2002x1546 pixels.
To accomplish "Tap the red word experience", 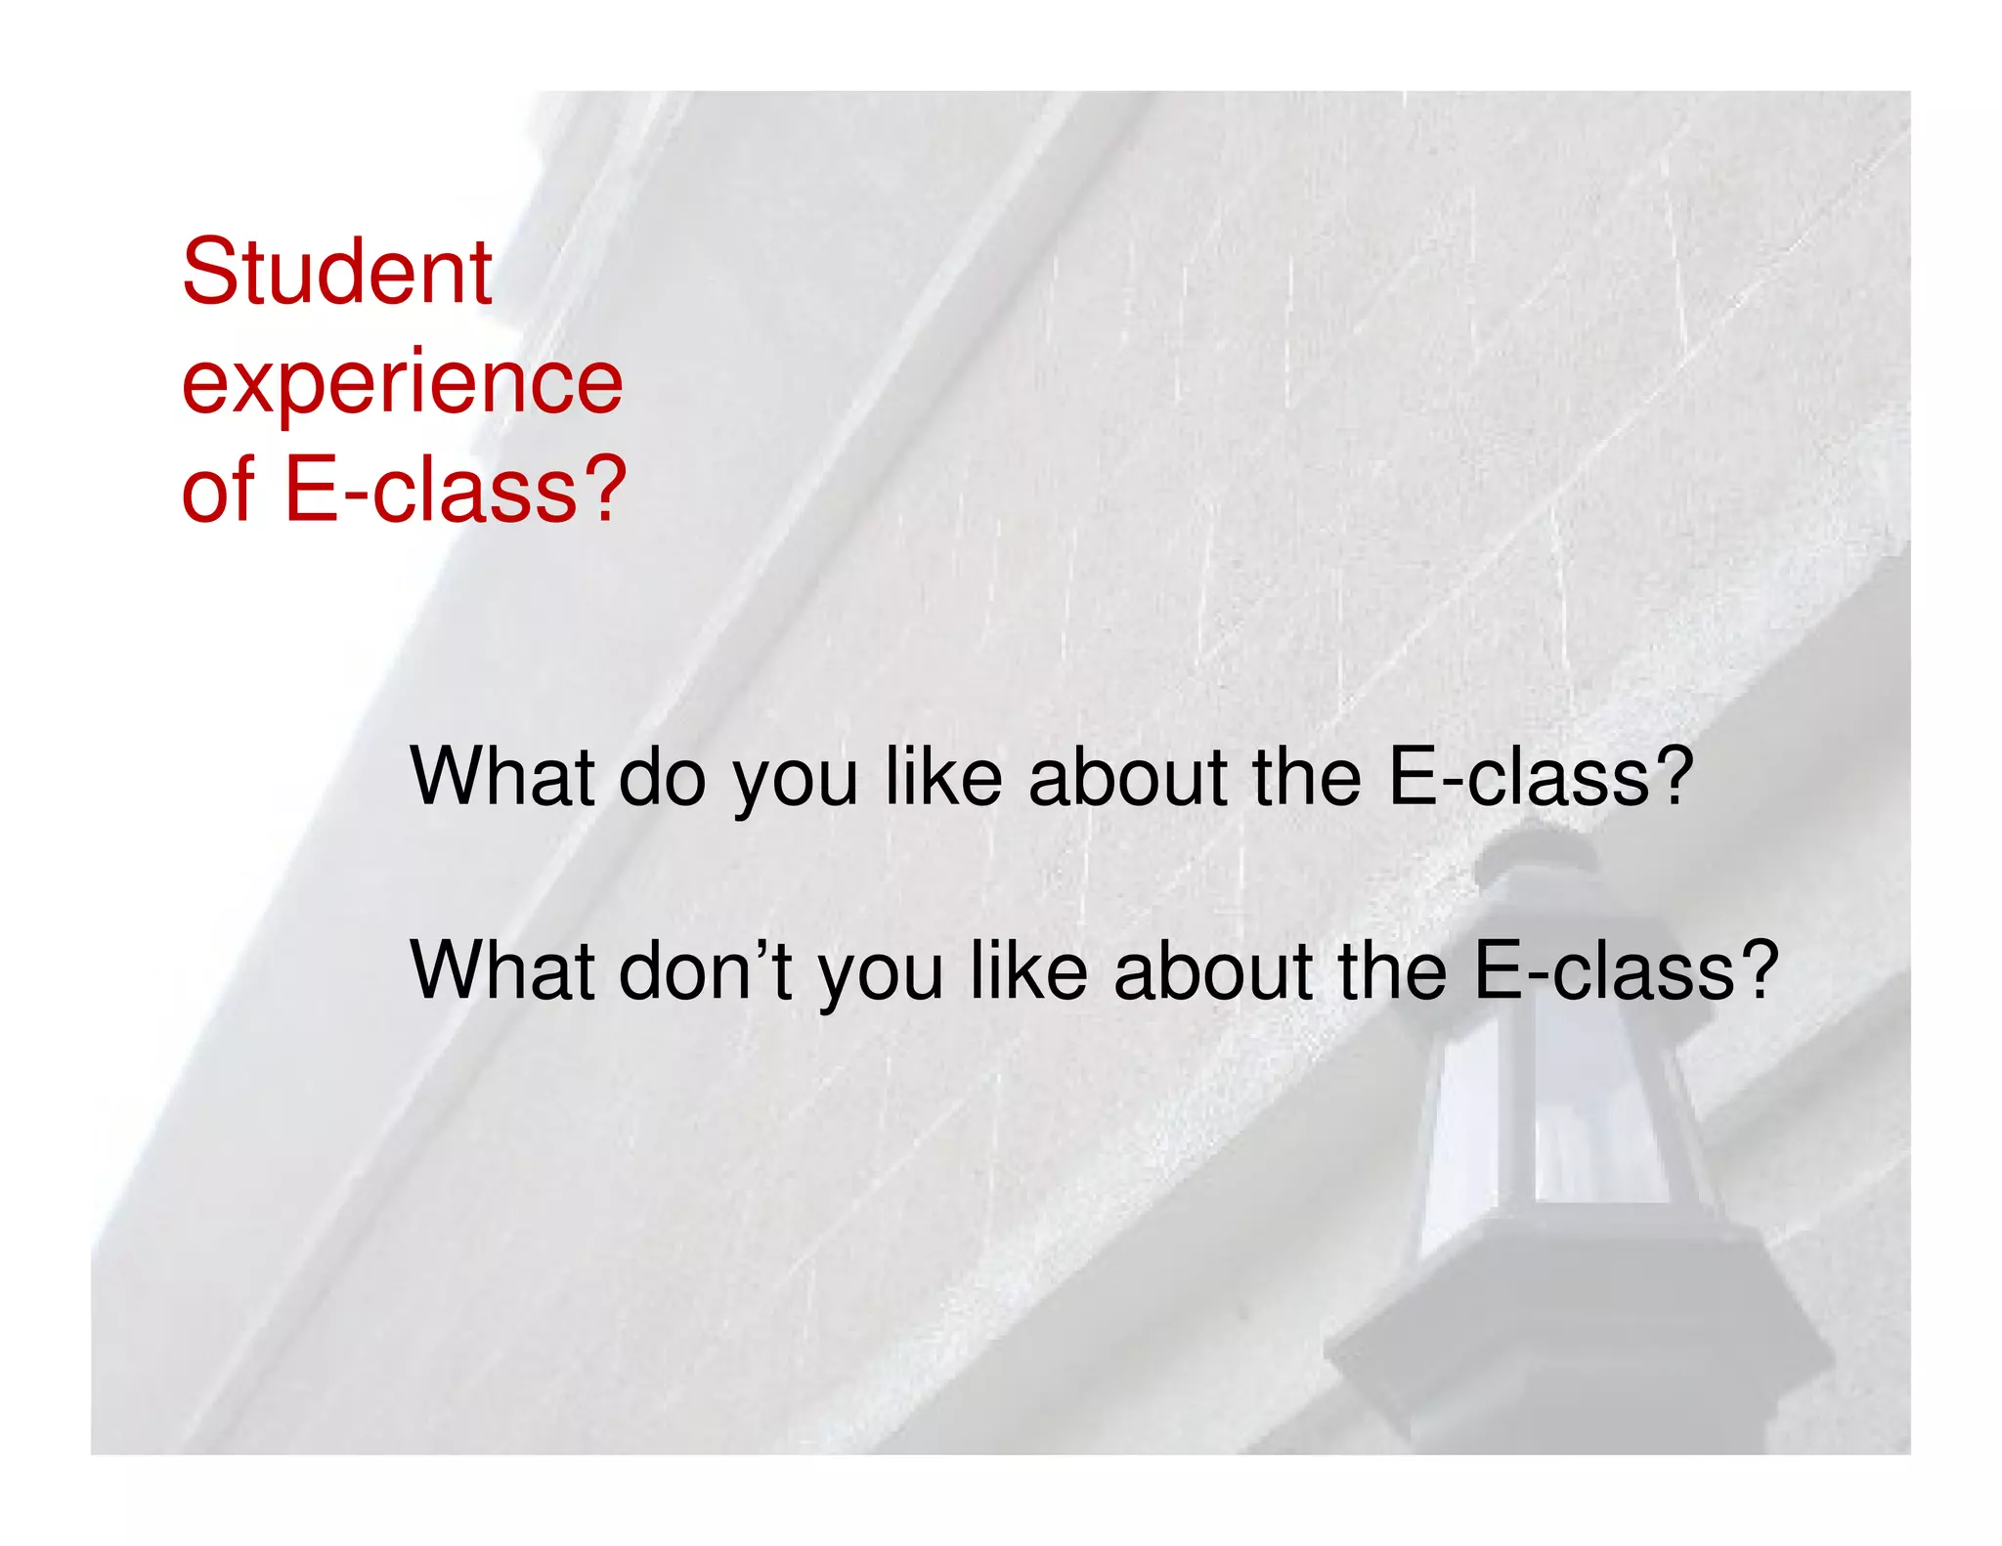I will [402, 383].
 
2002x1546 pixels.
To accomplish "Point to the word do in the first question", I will [662, 778].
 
